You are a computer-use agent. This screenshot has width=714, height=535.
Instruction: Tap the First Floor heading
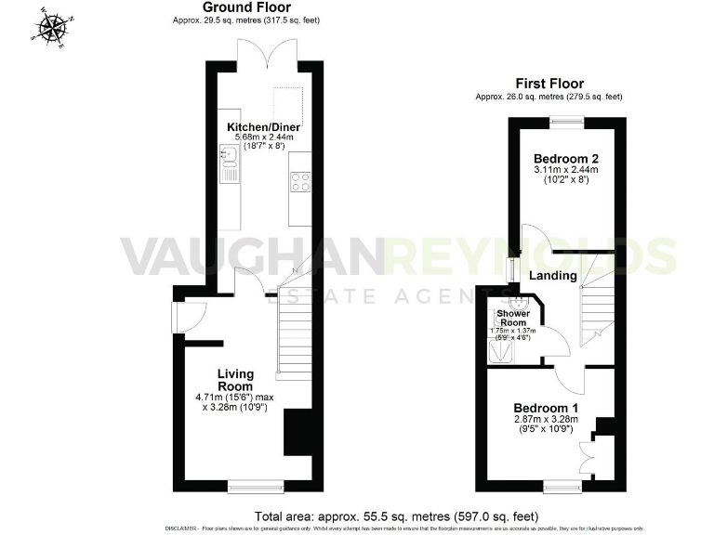[549, 83]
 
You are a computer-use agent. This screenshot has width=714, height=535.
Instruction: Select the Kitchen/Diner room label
[264, 127]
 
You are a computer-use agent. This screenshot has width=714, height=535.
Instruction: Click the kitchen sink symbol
[229, 165]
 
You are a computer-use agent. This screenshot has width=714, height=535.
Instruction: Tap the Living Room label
[235, 380]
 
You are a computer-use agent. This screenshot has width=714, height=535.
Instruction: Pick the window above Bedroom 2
[564, 118]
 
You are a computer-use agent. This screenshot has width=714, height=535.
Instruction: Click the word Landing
[552, 276]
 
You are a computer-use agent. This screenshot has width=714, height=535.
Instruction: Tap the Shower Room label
[511, 318]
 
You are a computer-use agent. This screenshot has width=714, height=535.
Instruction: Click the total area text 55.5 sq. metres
[396, 515]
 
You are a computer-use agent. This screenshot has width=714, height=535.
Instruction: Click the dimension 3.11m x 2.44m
[565, 170]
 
